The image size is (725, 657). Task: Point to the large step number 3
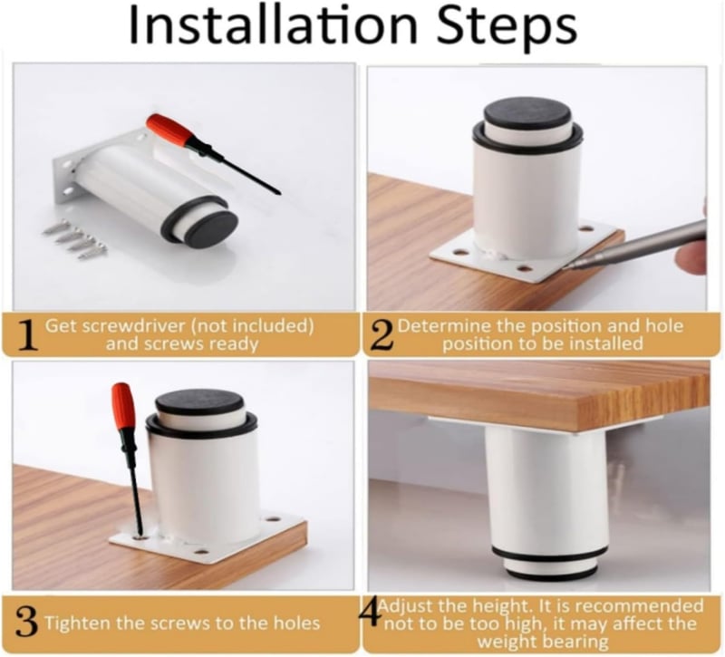click(x=27, y=623)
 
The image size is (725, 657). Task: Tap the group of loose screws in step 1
click(x=75, y=239)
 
